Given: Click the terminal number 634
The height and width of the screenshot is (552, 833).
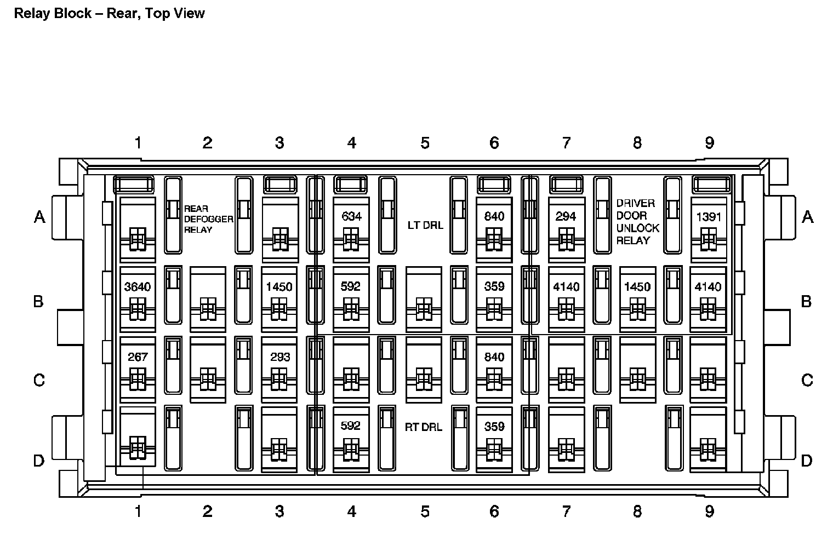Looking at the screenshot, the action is coord(351,216).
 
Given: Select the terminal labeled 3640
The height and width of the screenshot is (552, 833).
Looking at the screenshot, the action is coord(138,286).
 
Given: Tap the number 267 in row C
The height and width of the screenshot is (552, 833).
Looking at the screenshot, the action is coord(138,357).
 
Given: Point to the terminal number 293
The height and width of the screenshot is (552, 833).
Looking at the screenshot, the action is coord(280,357).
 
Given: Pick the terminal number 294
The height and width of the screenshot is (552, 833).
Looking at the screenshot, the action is coord(566,216).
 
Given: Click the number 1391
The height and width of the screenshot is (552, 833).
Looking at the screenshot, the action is coord(709,216).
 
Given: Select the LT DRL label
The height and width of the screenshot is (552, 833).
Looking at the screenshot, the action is coord(425,225).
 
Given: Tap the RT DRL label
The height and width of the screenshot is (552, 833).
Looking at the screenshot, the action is coord(424,427).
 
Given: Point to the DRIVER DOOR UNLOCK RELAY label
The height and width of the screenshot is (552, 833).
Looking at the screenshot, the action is coord(637,222).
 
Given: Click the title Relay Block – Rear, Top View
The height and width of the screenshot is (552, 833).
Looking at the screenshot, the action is coord(109,13).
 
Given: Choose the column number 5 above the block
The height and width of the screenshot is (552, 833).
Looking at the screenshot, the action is coord(425,143).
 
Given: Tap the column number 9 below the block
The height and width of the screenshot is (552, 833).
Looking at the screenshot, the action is coord(709,511).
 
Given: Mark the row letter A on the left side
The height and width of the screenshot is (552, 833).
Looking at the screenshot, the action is coord(39,217).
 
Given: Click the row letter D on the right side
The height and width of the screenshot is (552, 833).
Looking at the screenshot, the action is coord(806,461).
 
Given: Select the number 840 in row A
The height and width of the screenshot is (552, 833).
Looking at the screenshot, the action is coord(494,216).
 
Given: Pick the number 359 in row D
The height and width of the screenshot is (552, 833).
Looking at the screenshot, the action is coord(494,427).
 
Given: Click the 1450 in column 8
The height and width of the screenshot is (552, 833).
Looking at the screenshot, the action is coord(637,286).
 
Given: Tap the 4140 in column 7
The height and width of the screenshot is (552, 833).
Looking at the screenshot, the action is coord(566,286).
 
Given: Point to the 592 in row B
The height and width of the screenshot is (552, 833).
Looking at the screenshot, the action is coord(351,286).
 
